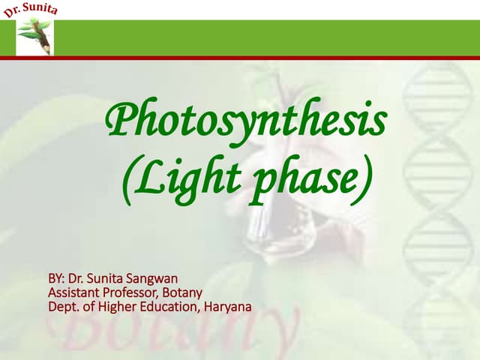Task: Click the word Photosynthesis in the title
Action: pos(247,122)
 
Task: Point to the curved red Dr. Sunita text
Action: pos(30,10)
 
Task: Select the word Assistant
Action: pos(73,292)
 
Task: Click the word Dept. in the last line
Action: pos(62,306)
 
